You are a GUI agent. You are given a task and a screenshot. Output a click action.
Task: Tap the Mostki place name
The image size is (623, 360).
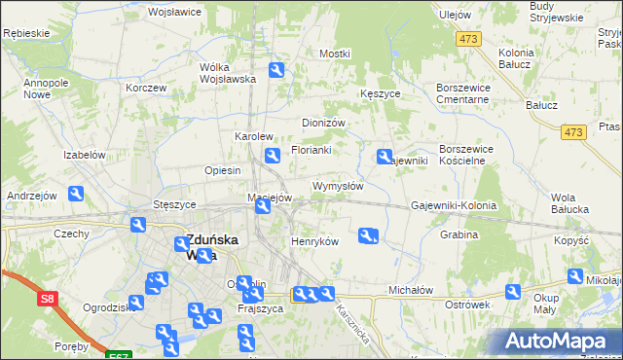pyautogui.click(x=334, y=54)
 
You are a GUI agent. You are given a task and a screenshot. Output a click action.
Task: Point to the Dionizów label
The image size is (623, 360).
pyautogui.click(x=324, y=124)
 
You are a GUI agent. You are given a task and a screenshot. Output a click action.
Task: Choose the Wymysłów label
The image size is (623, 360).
pyautogui.click(x=338, y=186)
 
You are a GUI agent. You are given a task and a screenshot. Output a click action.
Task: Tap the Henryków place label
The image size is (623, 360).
pyautogui.click(x=314, y=241)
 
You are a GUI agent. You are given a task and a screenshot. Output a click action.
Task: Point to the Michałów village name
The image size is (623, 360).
pyautogui.click(x=410, y=290)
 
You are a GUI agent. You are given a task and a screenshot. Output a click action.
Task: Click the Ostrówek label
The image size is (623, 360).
pyautogui.click(x=465, y=305)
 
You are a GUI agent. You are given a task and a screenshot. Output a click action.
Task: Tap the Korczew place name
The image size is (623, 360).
pyautogui.click(x=146, y=88)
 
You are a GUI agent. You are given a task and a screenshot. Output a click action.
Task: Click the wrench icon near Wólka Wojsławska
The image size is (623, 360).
pyautogui.click(x=276, y=70)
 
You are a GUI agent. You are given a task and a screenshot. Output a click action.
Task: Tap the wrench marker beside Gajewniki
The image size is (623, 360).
pyautogui.click(x=385, y=156)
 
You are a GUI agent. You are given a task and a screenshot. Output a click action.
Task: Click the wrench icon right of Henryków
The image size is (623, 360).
pyautogui.click(x=367, y=234)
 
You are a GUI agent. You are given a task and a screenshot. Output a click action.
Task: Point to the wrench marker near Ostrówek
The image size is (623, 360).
pyautogui.click(x=513, y=292)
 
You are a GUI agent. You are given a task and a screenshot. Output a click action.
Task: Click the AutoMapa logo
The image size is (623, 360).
pyautogui.click(x=559, y=342)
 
